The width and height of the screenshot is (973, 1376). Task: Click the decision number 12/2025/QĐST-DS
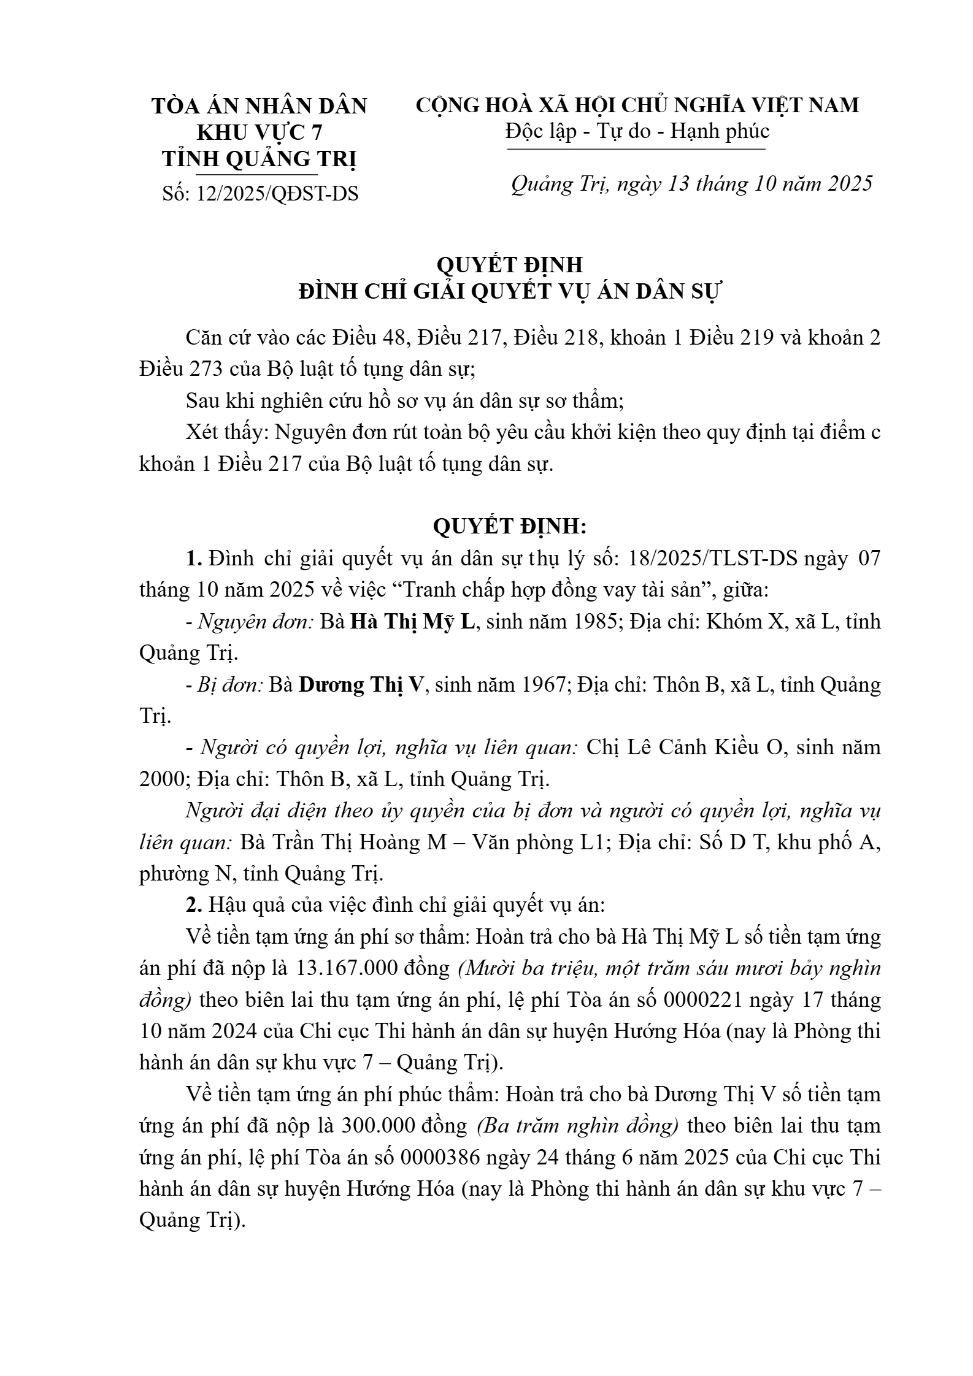tap(277, 194)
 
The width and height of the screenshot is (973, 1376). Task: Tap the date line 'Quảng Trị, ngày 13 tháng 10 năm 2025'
tap(691, 184)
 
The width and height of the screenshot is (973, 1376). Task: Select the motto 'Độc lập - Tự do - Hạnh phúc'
tap(637, 131)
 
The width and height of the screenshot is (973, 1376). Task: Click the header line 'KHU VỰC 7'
tap(259, 132)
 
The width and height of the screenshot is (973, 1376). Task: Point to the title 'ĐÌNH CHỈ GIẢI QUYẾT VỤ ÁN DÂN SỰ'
tap(510, 291)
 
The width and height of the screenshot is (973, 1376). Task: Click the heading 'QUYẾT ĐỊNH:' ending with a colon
tap(510, 526)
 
